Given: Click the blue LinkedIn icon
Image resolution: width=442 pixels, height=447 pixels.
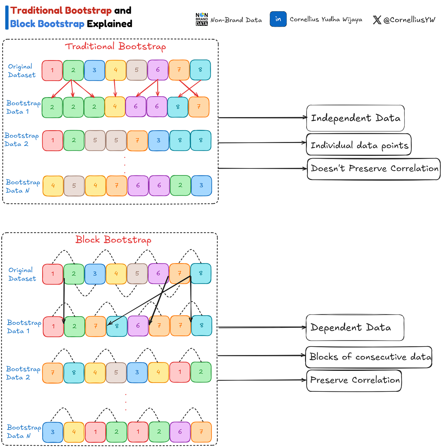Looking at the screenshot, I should [278, 19].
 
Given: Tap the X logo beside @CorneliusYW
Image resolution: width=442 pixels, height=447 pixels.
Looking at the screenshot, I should [377, 20].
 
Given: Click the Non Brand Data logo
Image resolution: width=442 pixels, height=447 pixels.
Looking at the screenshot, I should [202, 19].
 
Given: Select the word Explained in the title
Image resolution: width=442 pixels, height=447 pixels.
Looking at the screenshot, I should [110, 24].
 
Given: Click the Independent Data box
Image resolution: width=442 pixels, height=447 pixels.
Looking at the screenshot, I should [355, 118].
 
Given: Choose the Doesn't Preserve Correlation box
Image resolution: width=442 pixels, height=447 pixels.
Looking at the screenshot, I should [373, 169].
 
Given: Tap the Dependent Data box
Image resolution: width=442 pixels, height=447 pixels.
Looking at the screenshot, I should [355, 327].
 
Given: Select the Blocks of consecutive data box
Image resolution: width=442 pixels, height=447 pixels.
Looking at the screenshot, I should [369, 357].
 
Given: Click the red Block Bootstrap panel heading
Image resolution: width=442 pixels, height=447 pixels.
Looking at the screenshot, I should [113, 240].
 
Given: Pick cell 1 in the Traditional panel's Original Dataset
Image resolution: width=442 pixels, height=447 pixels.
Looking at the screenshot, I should [52, 70].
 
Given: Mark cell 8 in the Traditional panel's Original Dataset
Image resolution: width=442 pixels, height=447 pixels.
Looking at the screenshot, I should [200, 70].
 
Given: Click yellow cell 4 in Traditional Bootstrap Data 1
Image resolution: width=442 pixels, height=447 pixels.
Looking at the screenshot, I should [115, 107].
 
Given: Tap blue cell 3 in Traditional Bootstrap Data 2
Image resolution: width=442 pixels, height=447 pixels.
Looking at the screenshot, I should [158, 141].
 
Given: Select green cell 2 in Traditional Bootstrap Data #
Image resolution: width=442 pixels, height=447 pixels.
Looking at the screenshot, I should [180, 185].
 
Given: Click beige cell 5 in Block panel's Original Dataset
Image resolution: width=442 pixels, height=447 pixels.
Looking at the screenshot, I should [137, 274].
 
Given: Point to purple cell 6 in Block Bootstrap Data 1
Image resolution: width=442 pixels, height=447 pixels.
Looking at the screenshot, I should [138, 326].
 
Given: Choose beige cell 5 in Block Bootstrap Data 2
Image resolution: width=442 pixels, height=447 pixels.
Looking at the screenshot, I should [116, 372].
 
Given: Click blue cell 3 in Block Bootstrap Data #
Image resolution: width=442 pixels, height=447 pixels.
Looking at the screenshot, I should [53, 432].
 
